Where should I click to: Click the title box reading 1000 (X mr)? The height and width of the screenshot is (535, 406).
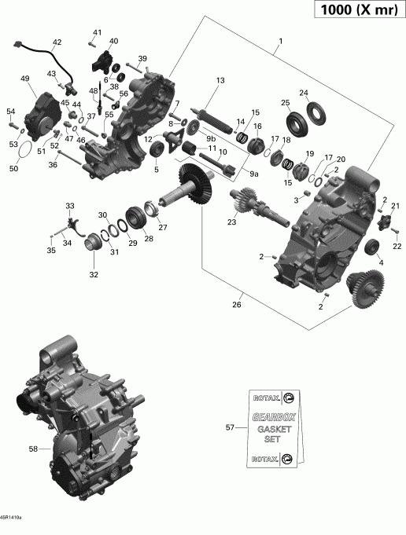tap(355, 11)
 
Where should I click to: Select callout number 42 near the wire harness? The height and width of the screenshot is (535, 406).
tap(57, 42)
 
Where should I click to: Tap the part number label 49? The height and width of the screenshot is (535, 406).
tap(25, 79)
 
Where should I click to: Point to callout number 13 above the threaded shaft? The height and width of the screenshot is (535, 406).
tap(221, 81)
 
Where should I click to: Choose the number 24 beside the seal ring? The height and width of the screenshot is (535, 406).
tap(304, 93)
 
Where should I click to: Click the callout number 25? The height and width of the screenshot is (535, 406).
tap(286, 103)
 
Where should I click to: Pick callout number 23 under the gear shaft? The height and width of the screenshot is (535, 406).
tap(231, 222)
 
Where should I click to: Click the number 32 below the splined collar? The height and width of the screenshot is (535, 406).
tap(94, 275)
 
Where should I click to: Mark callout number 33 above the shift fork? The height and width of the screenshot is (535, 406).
tap(69, 206)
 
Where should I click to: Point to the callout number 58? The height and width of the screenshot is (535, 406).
tap(33, 449)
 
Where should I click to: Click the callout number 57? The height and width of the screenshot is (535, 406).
tap(230, 427)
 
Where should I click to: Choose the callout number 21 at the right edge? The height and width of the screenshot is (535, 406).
tap(396, 207)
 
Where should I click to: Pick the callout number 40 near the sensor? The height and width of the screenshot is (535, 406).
tap(113, 41)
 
